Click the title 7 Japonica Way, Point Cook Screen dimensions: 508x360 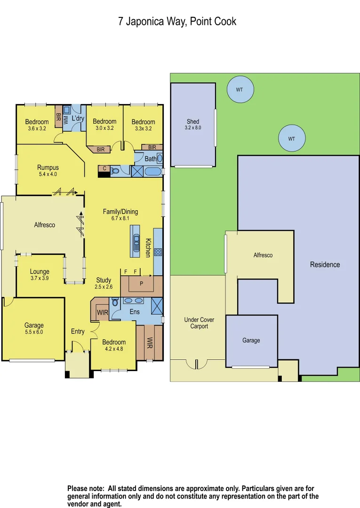pyautogui.click(x=177, y=22)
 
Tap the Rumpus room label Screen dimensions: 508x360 pyautogui.click(x=48, y=167)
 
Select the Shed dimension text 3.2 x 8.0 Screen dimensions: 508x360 pyautogui.click(x=193, y=127)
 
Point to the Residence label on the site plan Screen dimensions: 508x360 pyautogui.click(x=325, y=265)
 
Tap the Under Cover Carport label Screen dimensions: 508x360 pyautogui.click(x=199, y=323)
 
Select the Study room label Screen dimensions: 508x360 pyautogui.click(x=104, y=280)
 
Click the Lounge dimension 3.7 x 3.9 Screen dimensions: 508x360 pyautogui.click(x=40, y=278)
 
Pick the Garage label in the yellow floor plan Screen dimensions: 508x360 pyautogui.click(x=34, y=325)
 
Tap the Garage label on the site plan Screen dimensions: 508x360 pyautogui.click(x=251, y=341)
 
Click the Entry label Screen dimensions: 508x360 pyautogui.click(x=78, y=332)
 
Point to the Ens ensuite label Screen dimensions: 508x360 pyautogui.click(x=134, y=311)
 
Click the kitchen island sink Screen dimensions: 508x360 pyautogui.click(x=136, y=241)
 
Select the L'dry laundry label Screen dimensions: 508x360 pyautogui.click(x=78, y=119)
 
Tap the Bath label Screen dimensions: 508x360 pyautogui.click(x=150, y=159)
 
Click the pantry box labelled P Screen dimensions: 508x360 pyautogui.click(x=142, y=283)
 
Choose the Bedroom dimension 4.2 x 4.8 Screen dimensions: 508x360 pyautogui.click(x=114, y=349)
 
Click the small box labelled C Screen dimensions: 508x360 pyautogui.click(x=104, y=168)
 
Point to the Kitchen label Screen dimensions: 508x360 pyautogui.click(x=148, y=248)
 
